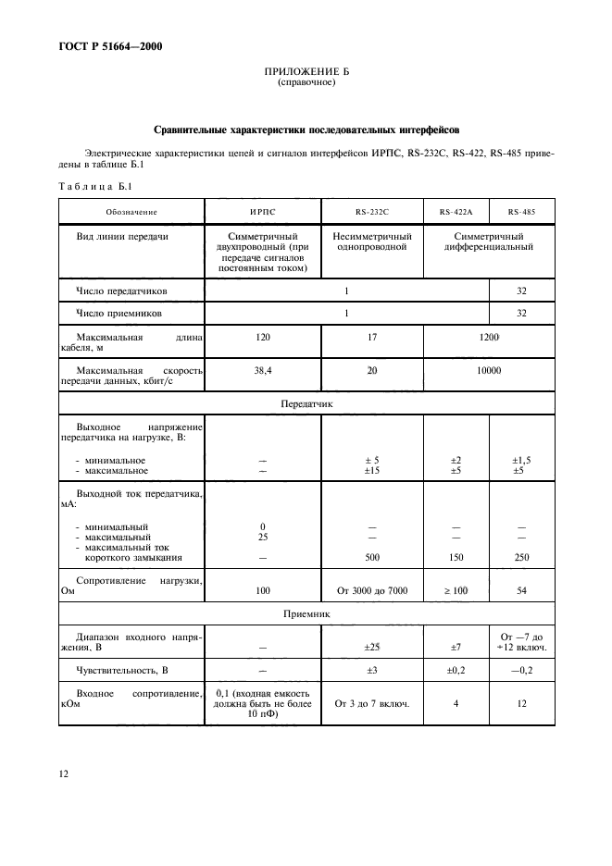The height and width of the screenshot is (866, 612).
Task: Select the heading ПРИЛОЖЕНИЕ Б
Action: point(306,71)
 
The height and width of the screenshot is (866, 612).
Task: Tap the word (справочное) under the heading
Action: point(306,82)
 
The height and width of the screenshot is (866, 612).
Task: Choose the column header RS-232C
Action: point(371,212)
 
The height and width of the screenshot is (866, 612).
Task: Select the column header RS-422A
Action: point(456,212)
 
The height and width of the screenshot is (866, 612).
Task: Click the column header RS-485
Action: point(521,212)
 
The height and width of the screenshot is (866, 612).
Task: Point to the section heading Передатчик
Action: point(306,404)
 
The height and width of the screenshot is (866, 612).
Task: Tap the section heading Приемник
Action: point(306,613)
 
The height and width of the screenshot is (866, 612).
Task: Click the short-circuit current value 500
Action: point(371,558)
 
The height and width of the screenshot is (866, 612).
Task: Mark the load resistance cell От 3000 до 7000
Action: point(371,588)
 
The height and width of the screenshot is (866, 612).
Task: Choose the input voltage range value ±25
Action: point(371,647)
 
